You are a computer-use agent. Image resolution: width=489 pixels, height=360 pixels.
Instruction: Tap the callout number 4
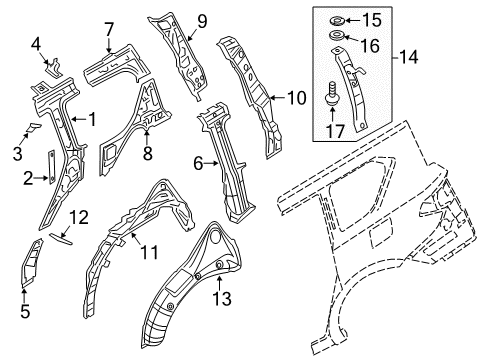[35, 43]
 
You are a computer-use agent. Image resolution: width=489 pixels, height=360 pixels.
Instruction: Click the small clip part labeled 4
[51, 68]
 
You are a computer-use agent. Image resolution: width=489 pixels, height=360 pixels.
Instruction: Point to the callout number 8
[147, 153]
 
